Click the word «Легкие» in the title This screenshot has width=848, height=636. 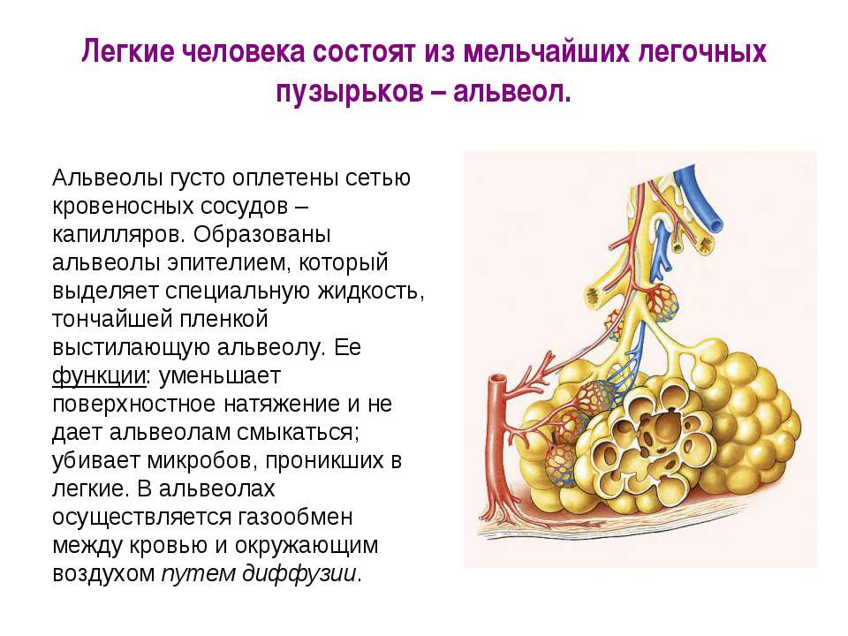click(x=128, y=52)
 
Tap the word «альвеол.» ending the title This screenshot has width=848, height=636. click(x=512, y=92)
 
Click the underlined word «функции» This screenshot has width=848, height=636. click(x=99, y=376)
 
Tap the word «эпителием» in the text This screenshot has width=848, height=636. click(x=224, y=263)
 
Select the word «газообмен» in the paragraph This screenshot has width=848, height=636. click(x=296, y=517)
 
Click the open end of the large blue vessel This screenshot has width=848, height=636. click(x=715, y=224)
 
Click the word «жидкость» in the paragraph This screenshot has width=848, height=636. click(x=370, y=291)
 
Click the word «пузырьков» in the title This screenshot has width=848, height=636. click(x=350, y=92)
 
